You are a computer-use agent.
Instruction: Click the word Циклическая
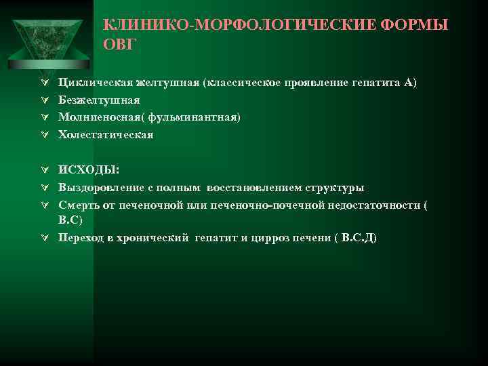94,83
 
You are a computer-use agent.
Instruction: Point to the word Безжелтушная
99,100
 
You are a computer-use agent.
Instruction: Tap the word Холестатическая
106,134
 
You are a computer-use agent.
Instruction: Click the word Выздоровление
102,187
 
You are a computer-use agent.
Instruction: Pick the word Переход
82,238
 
